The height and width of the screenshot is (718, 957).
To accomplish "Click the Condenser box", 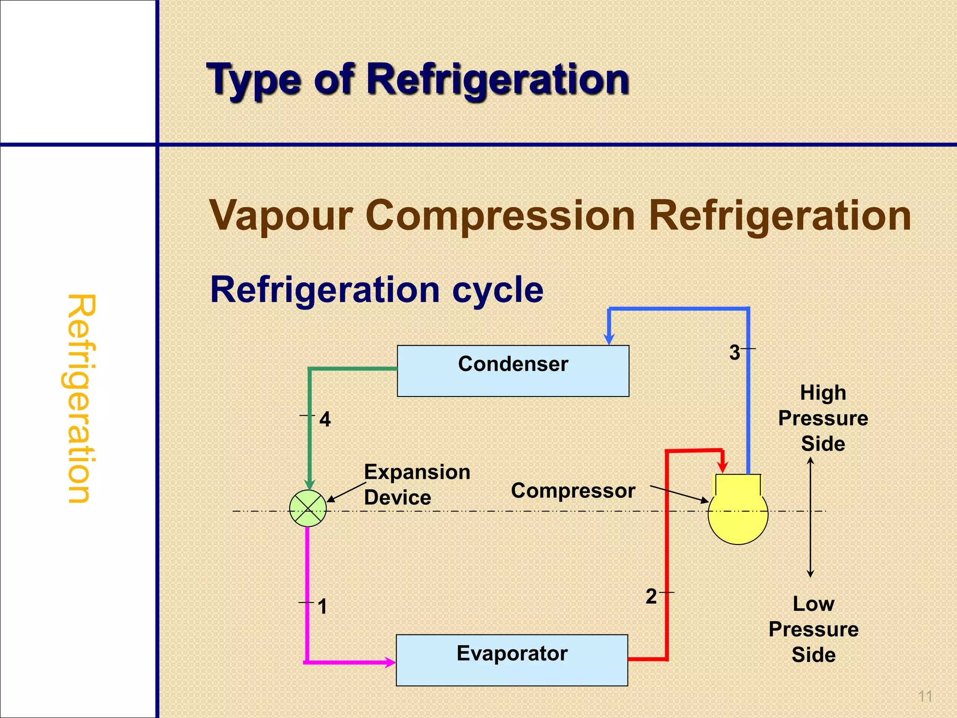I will (513, 371).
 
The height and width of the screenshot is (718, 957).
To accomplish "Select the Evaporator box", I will (512, 660).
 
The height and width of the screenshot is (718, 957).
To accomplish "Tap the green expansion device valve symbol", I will (308, 509).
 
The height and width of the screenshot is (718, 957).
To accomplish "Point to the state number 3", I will (735, 353).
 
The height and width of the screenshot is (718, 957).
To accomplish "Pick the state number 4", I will (325, 419).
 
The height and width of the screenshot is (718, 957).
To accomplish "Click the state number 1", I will (322, 607).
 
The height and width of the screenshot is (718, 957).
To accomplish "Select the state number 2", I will (651, 597).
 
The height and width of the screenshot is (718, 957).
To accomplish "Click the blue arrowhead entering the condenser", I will (609, 339).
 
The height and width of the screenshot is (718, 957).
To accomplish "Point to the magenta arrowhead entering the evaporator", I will (390, 662).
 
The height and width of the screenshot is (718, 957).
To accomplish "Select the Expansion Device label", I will (417, 485).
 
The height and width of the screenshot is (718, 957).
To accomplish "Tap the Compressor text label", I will (573, 491).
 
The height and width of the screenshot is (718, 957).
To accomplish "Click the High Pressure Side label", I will (823, 418).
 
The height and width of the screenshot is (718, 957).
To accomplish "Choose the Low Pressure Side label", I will (814, 629).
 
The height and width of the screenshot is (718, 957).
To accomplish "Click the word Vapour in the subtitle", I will (280, 216).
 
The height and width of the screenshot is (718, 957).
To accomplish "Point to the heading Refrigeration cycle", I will (377, 290).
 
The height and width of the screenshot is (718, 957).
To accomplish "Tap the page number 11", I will (925, 696).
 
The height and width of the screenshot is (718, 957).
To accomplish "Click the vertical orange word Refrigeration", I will (80, 398).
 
